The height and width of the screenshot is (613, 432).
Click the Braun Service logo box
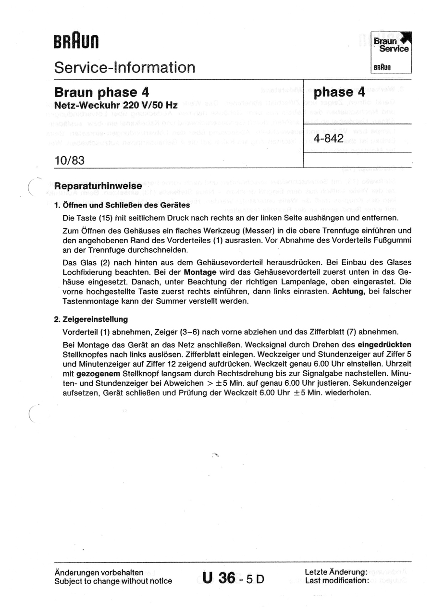tap(392, 52)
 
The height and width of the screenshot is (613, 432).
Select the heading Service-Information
tap(124, 67)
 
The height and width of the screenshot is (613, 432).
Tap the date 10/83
tap(70, 160)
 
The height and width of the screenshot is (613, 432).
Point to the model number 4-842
tap(328, 139)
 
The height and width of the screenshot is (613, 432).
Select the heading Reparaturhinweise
tap(98, 186)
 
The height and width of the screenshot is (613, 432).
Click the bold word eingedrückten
tap(384, 344)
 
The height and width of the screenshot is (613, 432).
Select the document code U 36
tap(219, 578)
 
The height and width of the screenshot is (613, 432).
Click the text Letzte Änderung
tap(336, 572)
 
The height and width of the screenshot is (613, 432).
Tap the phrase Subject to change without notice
tap(113, 581)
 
